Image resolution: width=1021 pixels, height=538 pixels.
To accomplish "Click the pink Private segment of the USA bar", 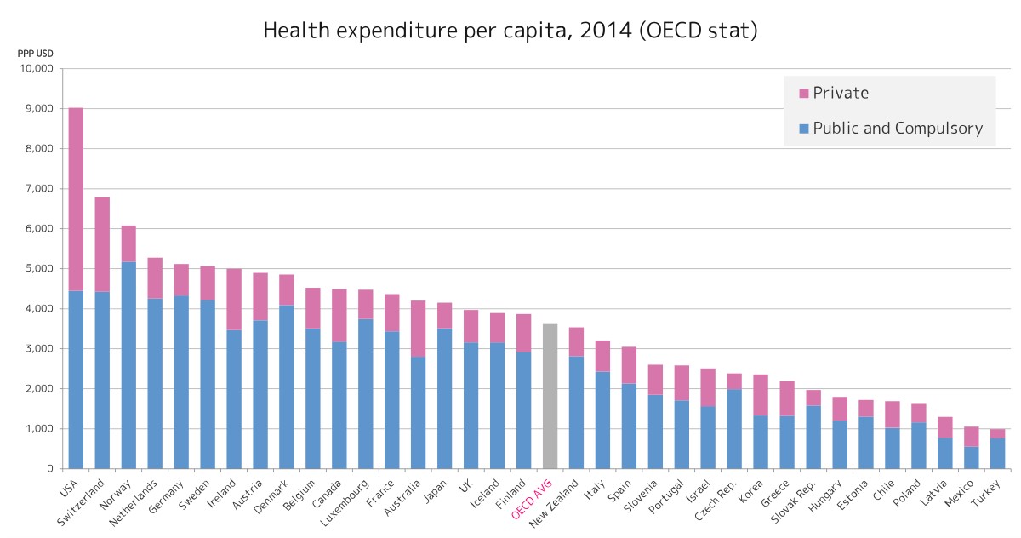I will click(76, 199).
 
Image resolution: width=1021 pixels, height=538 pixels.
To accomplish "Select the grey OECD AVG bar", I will click(550, 396).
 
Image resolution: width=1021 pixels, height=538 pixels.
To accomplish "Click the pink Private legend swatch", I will click(803, 93).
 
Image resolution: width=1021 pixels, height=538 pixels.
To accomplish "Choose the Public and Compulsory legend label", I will click(898, 129).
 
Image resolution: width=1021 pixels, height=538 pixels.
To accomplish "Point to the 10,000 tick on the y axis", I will click(34, 69).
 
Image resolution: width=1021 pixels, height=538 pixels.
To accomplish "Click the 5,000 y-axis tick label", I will click(37, 269).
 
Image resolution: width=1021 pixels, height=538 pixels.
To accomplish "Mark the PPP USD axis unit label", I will click(36, 53).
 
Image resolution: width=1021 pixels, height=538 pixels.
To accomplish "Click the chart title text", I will click(510, 31).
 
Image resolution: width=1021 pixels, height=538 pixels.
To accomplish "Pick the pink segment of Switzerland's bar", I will click(102, 244).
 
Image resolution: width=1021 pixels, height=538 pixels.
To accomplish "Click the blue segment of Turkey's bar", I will click(997, 453).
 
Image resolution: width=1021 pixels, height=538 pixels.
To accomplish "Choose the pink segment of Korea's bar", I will click(761, 395).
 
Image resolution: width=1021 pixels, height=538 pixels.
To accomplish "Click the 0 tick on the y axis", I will click(51, 469).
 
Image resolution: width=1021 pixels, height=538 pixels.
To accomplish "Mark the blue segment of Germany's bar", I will click(181, 381).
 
